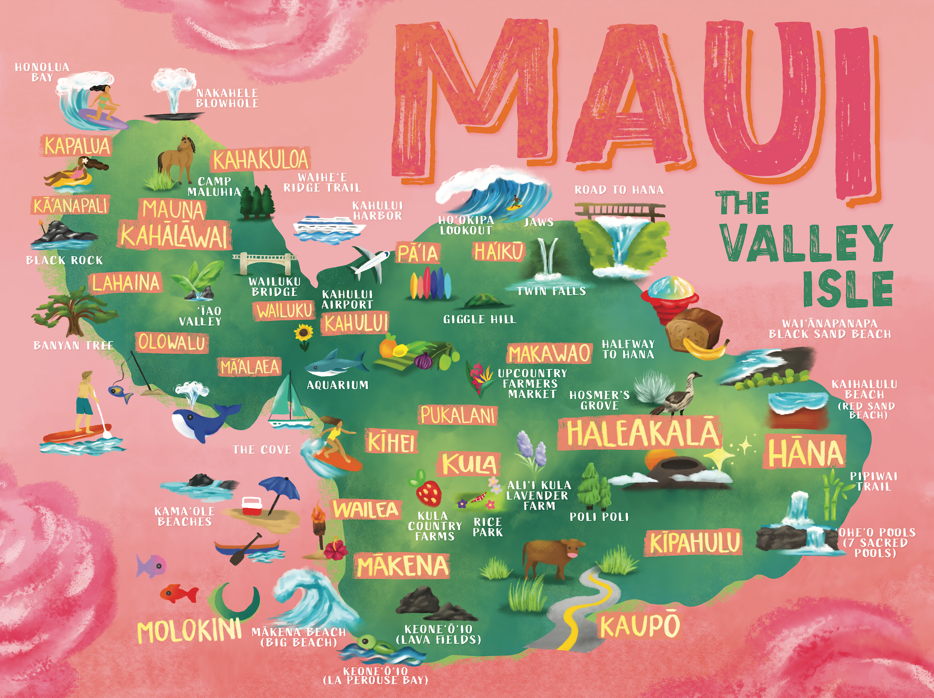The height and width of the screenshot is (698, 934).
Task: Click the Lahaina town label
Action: [126, 283]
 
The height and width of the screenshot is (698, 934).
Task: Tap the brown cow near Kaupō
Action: [553, 556]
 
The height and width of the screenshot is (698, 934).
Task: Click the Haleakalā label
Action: [641, 433]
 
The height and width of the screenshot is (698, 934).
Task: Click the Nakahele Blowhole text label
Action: [227, 98]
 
